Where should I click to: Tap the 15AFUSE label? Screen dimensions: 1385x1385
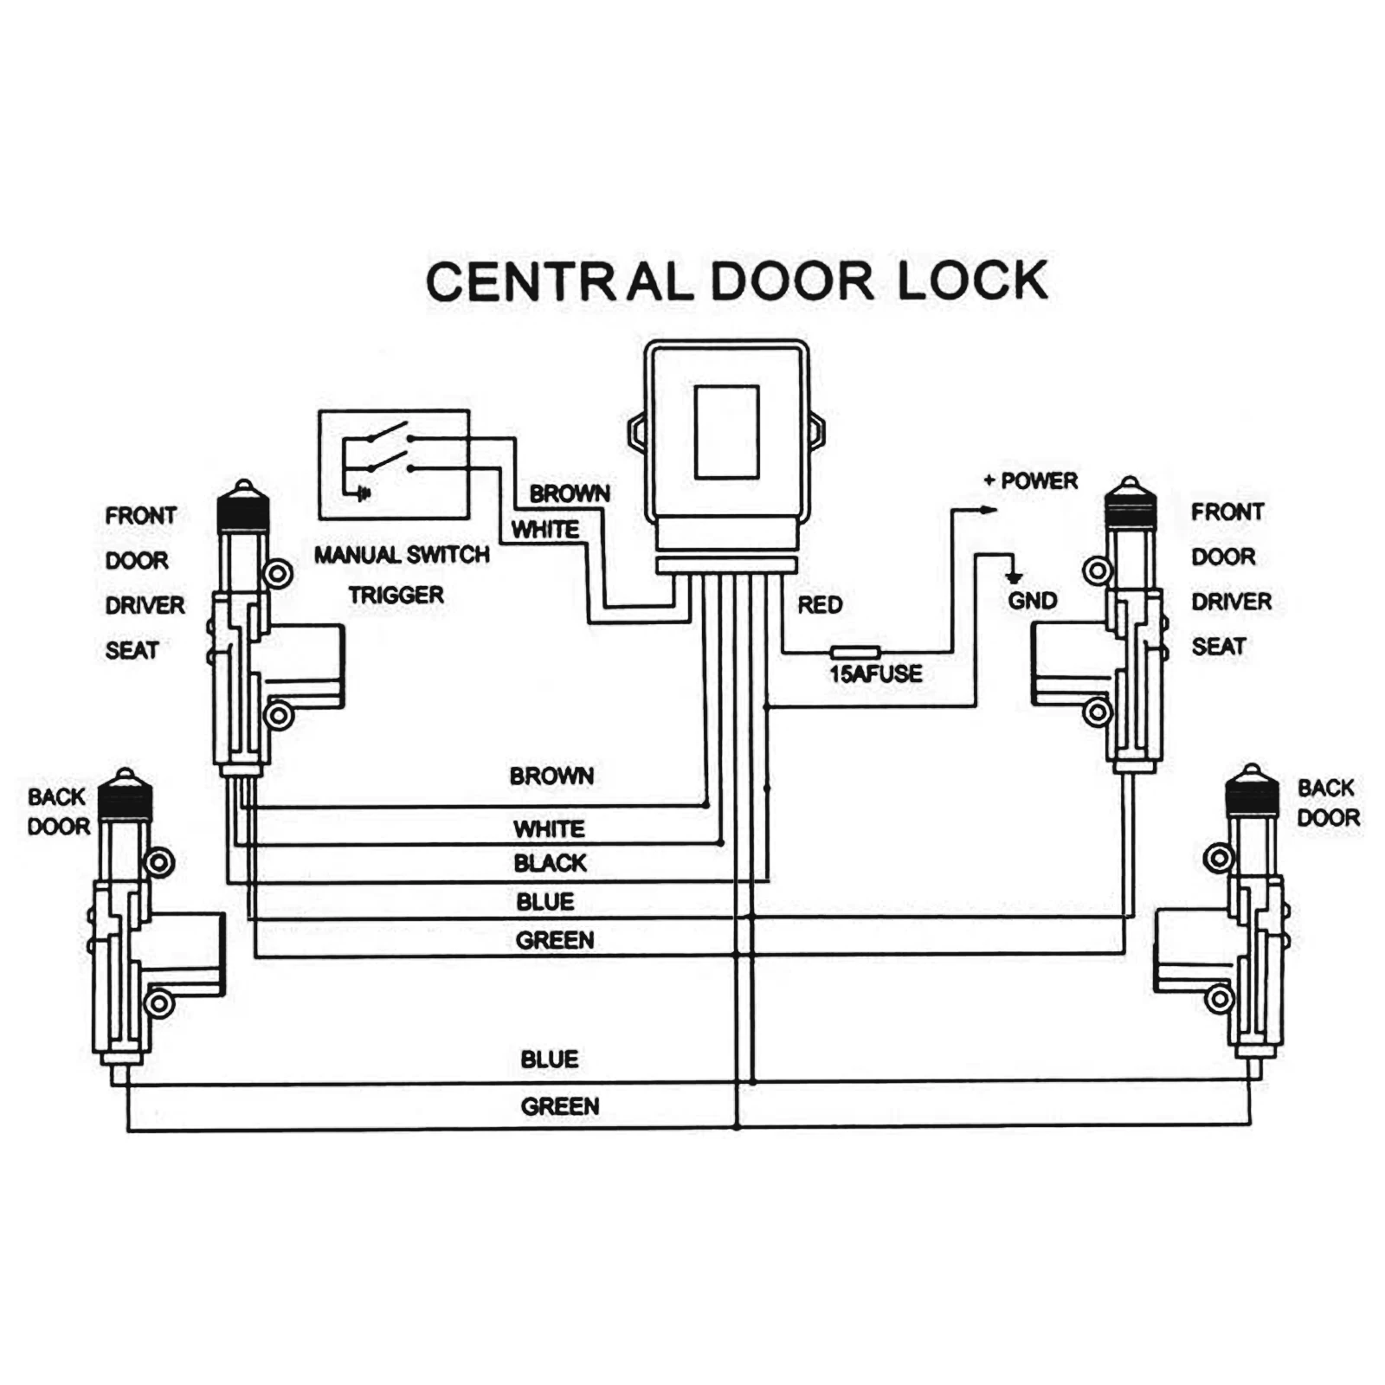pyautogui.click(x=875, y=673)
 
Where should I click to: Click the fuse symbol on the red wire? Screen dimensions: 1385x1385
pyautogui.click(x=855, y=652)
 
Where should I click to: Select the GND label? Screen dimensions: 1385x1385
pyautogui.click(x=1032, y=601)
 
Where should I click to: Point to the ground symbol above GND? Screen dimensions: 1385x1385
pyautogui.click(x=1013, y=577)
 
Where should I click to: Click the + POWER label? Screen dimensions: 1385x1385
pyautogui.click(x=1031, y=480)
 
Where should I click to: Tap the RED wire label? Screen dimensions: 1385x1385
pyautogui.click(x=820, y=604)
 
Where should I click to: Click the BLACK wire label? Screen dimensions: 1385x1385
pyautogui.click(x=550, y=863)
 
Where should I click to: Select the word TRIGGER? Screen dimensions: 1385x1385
pyautogui.click(x=396, y=596)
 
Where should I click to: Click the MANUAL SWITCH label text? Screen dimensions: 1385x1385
pyautogui.click(x=402, y=555)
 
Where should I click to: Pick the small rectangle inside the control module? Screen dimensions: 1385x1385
pyautogui.click(x=726, y=432)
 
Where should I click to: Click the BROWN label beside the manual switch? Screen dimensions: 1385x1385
pyautogui.click(x=570, y=493)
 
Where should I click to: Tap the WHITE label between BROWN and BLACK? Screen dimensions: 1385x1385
pyautogui.click(x=549, y=828)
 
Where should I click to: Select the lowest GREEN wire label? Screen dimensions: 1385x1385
pyautogui.click(x=559, y=1106)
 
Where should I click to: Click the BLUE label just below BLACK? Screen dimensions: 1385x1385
pyautogui.click(x=545, y=902)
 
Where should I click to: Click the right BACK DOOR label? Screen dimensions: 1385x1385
pyautogui.click(x=1328, y=802)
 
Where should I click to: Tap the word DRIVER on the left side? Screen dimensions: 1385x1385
pyautogui.click(x=145, y=605)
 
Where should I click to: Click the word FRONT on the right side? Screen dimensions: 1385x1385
pyautogui.click(x=1227, y=512)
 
